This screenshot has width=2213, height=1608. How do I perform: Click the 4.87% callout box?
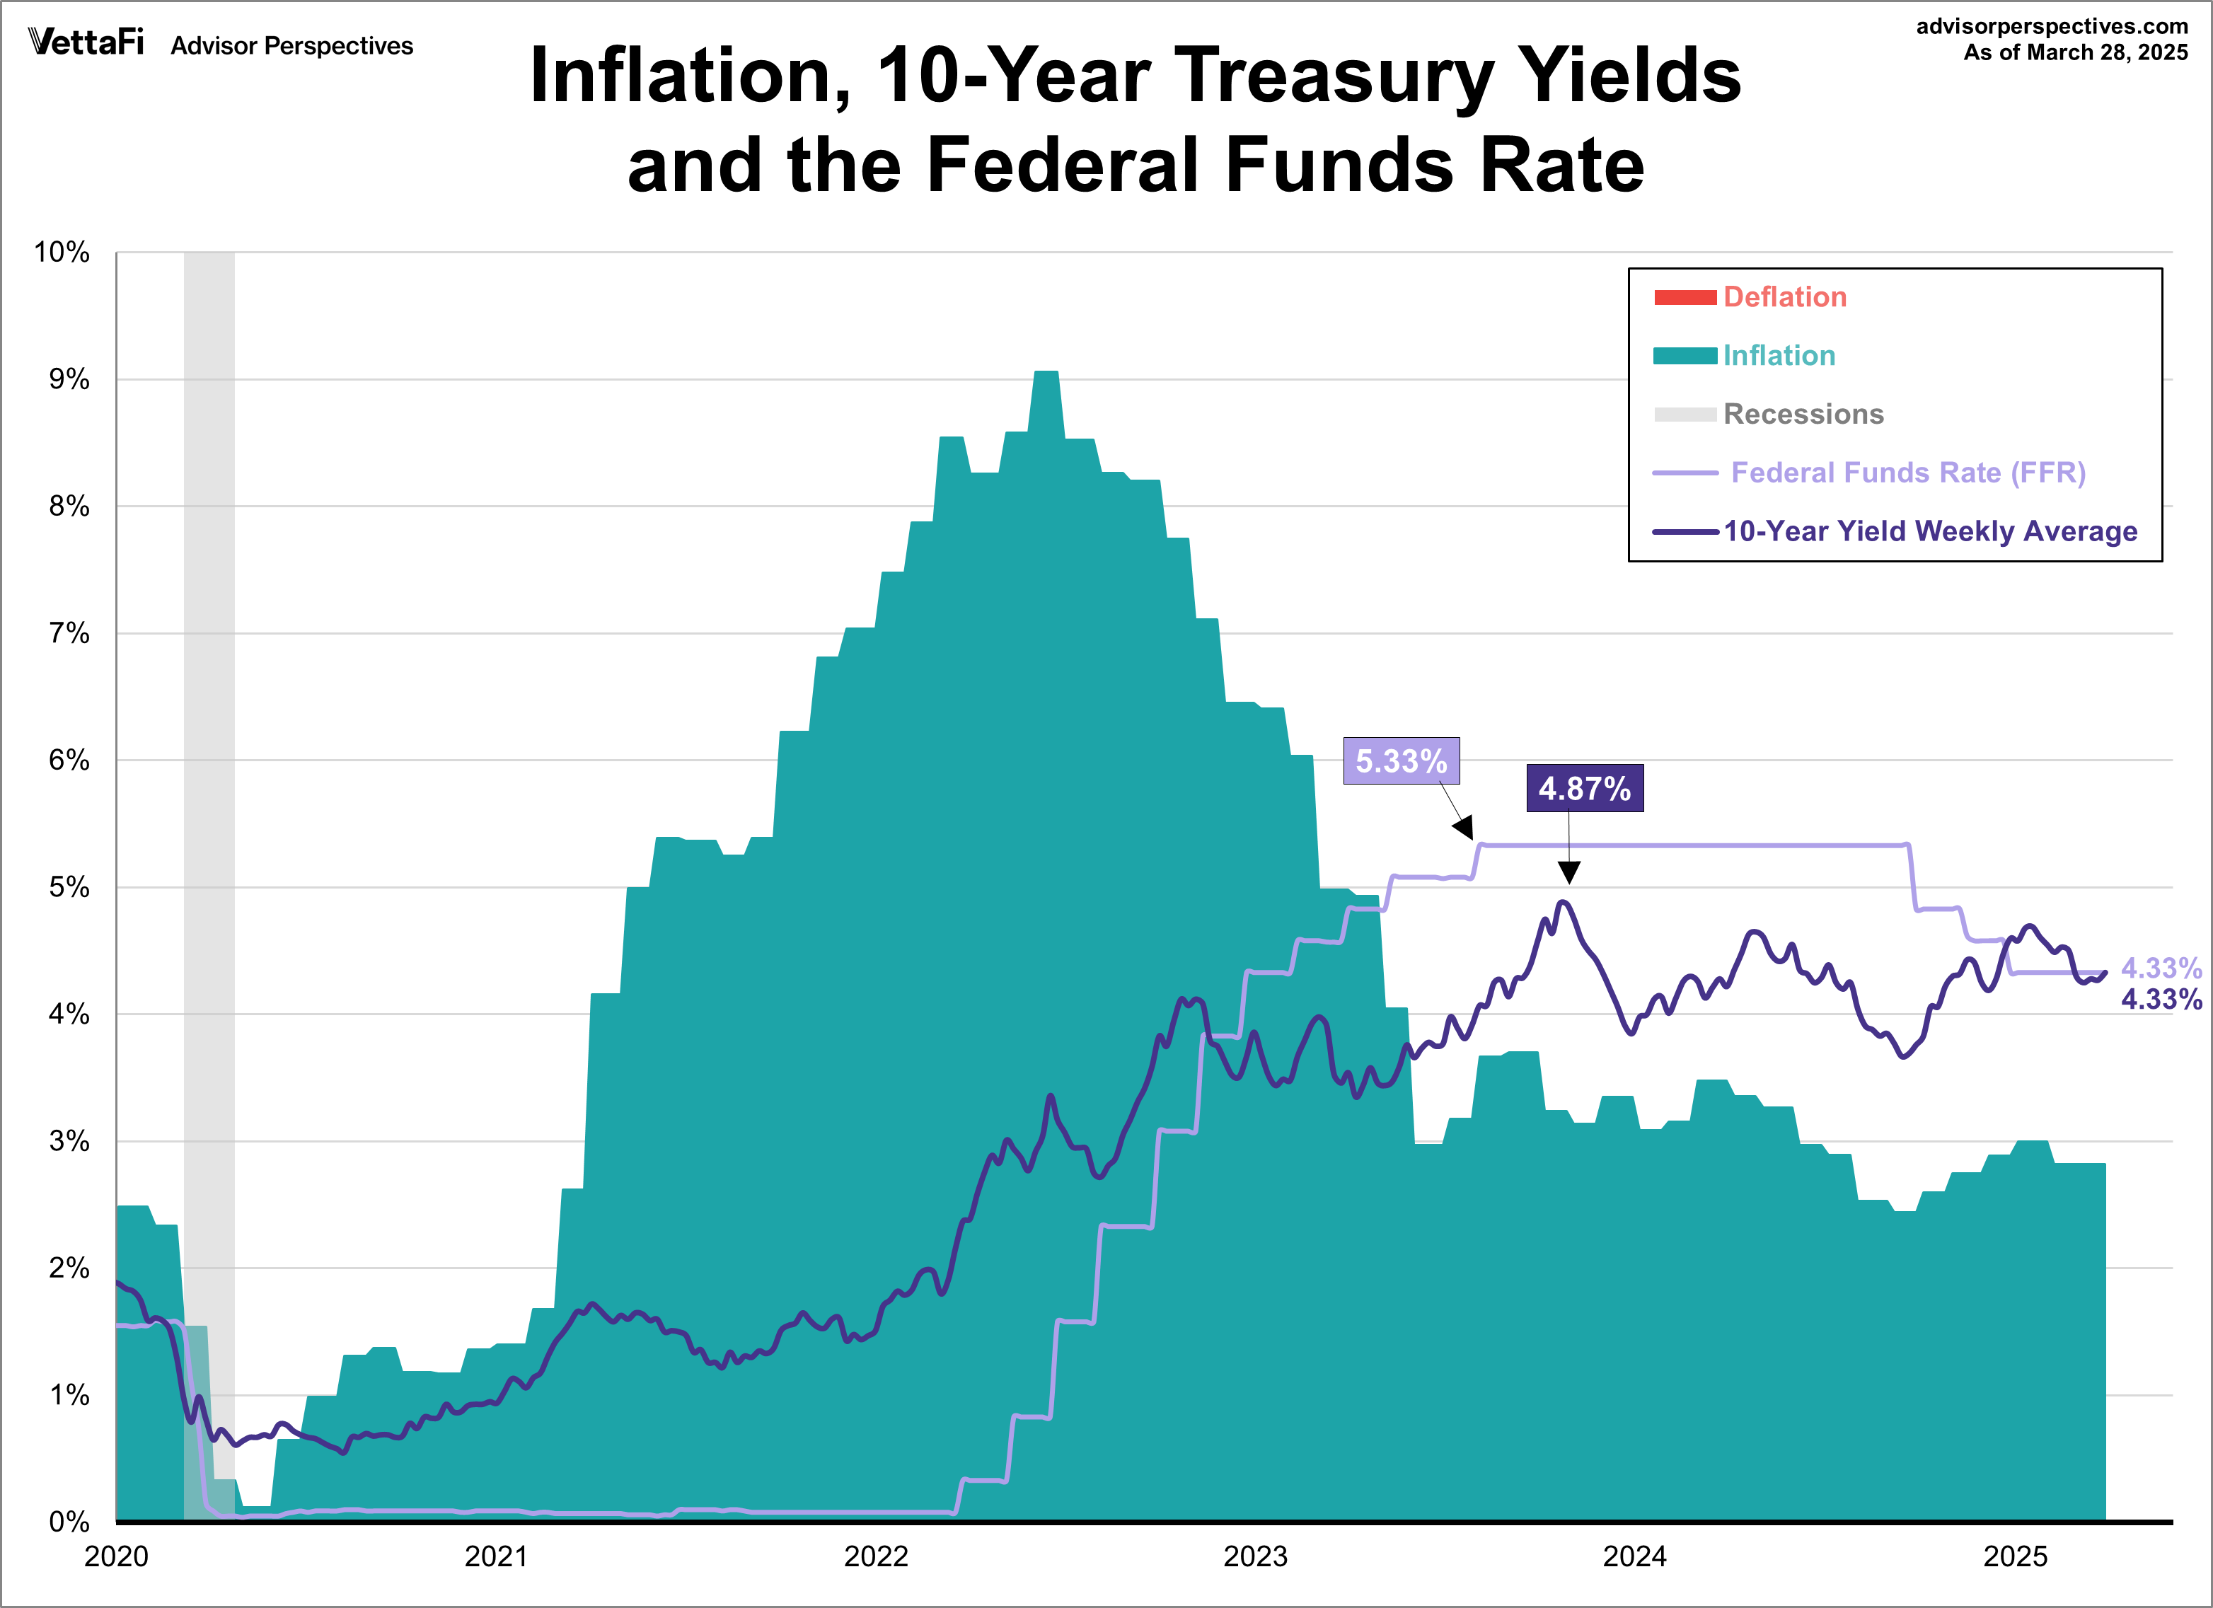click(x=1583, y=788)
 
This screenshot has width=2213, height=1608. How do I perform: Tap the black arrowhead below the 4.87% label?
click(x=1569, y=872)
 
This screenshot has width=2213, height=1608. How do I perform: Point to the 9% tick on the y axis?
click(x=69, y=380)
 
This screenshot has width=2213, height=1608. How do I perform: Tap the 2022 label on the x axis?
click(x=875, y=1557)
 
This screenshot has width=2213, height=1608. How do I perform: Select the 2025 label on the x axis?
click(x=2015, y=1557)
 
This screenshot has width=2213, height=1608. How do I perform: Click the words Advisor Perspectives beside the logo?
click(x=291, y=46)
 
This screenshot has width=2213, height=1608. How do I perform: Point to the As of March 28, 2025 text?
click(x=2076, y=52)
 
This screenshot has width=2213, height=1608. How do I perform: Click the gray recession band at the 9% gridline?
click(x=209, y=380)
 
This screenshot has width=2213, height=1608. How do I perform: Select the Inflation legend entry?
click(x=1778, y=355)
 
